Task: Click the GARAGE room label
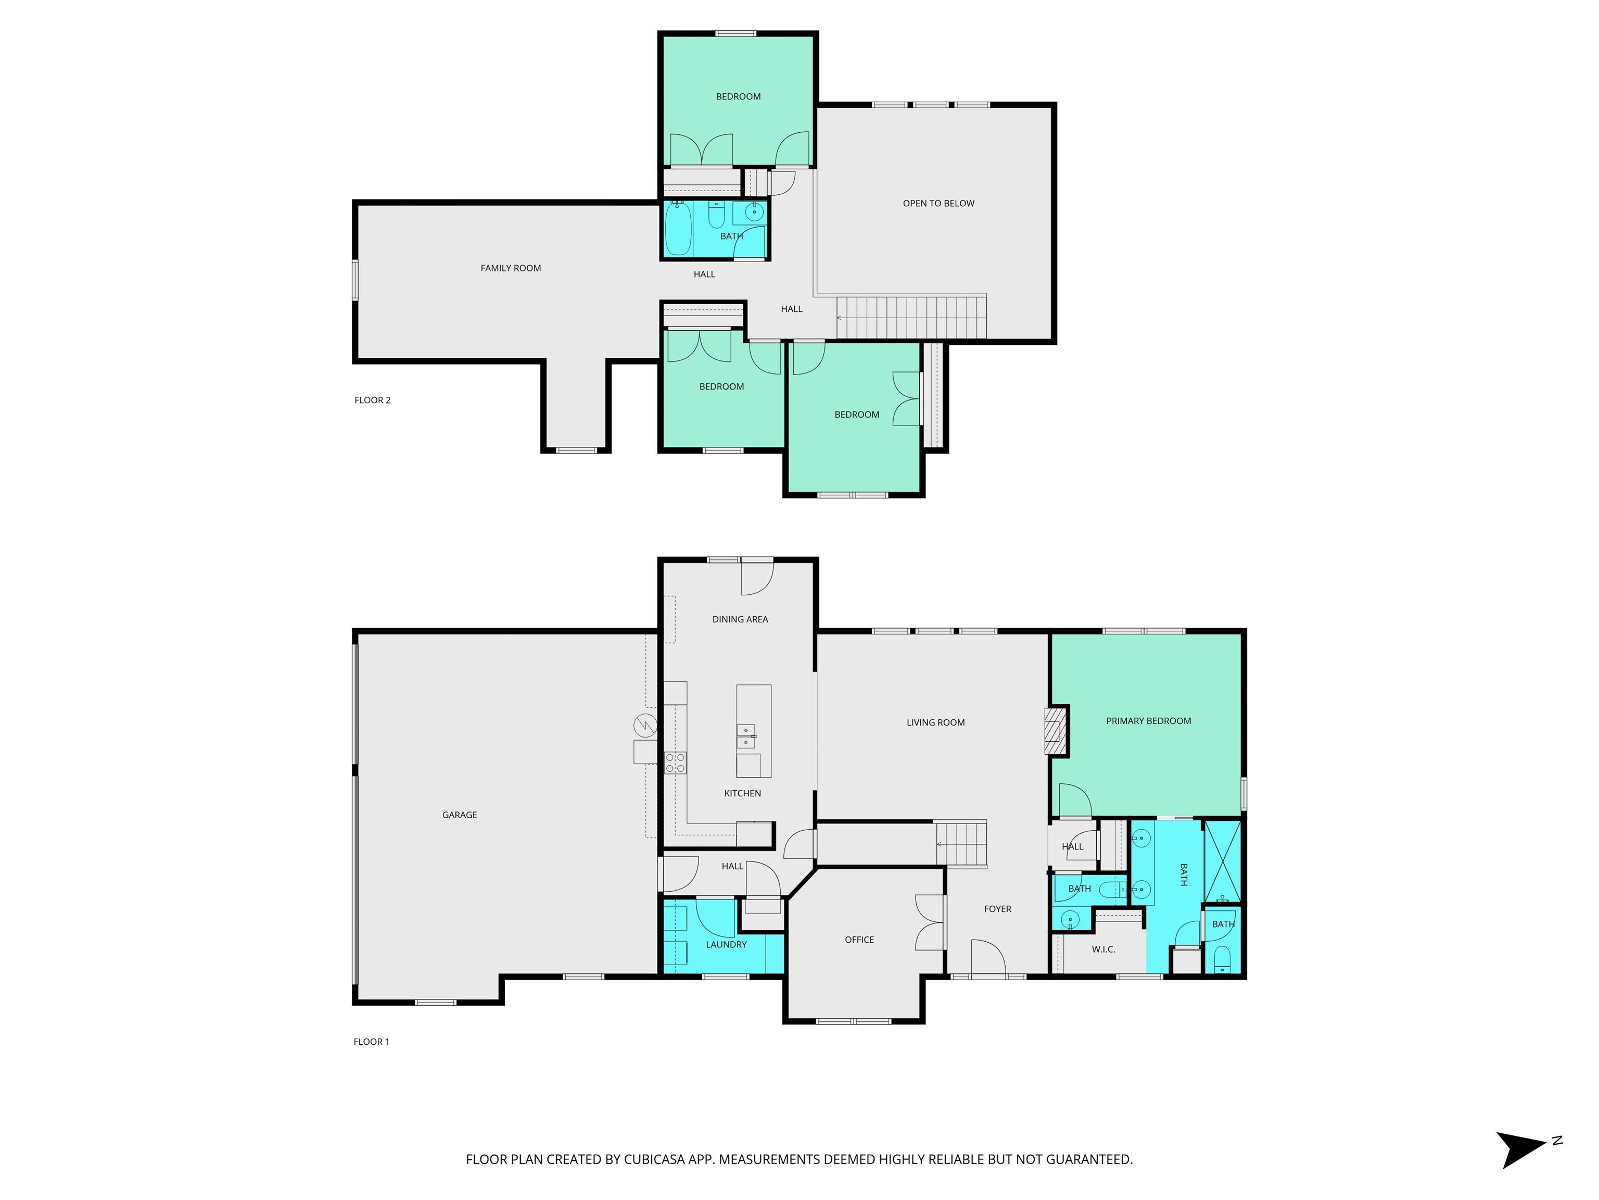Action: [x=460, y=815]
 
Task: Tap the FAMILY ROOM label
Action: [x=510, y=268]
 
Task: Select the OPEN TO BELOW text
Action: [x=938, y=203]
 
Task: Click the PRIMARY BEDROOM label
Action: [x=1149, y=721]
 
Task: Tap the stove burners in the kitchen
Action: [x=675, y=763]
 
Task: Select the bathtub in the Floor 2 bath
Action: [x=678, y=229]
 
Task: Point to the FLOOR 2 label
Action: [x=372, y=400]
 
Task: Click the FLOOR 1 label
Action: [x=372, y=1042]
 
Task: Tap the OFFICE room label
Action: [x=859, y=940]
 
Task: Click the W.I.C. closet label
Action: [x=1103, y=949]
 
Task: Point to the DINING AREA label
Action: [x=740, y=619]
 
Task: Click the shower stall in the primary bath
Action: [x=1222, y=861]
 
